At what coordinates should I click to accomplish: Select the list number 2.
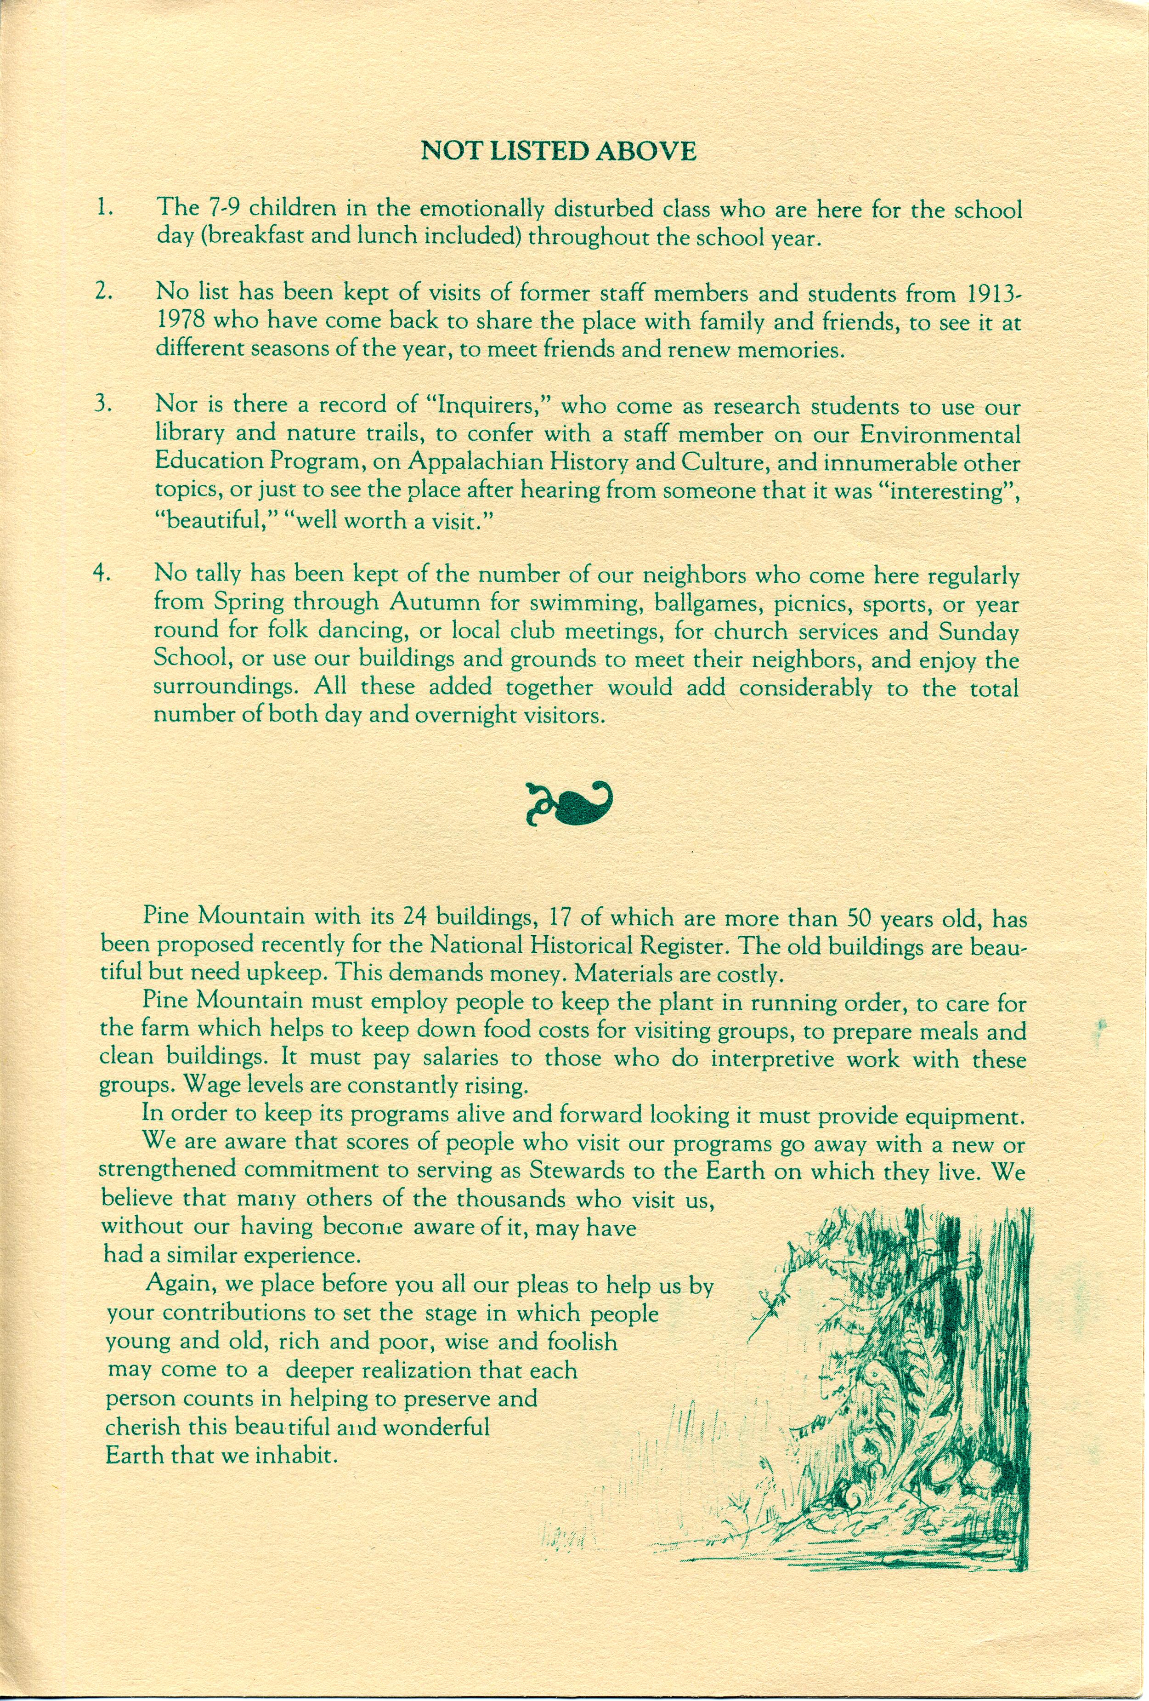click(103, 291)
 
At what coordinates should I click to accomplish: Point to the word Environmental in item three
click(939, 435)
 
